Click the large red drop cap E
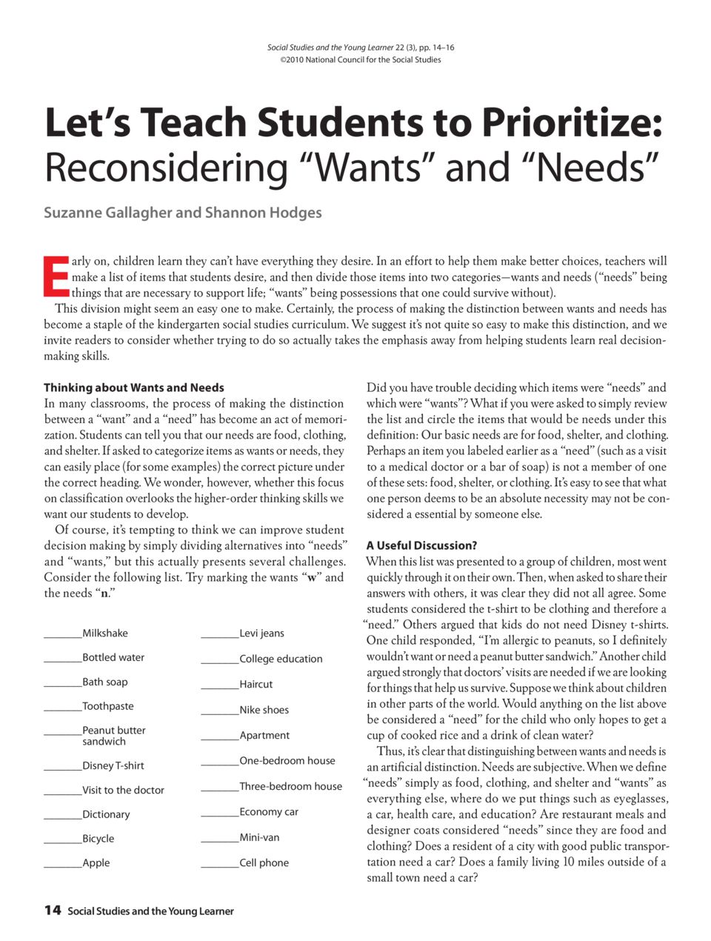click(56, 276)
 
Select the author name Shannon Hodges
click(264, 213)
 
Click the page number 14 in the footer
click(52, 910)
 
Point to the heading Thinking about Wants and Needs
click(133, 388)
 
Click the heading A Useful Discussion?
click(421, 545)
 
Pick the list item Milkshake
click(104, 633)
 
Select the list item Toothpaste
click(108, 706)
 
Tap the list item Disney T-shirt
click(113, 765)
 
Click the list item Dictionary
click(106, 814)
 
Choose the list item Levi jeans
click(261, 633)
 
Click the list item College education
click(281, 659)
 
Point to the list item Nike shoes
click(264, 710)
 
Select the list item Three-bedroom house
click(290, 786)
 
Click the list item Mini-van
click(259, 837)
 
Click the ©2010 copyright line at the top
click(360, 60)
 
